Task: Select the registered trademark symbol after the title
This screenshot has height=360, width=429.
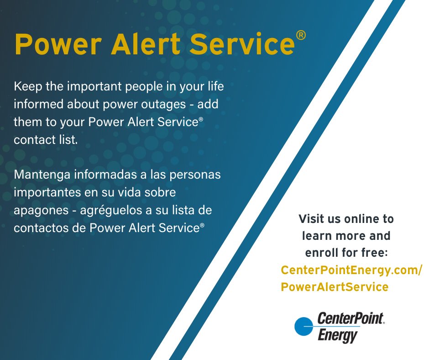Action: (x=301, y=35)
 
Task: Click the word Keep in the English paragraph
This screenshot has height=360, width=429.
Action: (x=26, y=86)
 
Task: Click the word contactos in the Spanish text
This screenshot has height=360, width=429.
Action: (x=38, y=228)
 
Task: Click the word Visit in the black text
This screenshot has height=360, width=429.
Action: (x=312, y=218)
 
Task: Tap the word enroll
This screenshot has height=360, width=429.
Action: (x=320, y=253)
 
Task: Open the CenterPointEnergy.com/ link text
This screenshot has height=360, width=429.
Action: (x=351, y=270)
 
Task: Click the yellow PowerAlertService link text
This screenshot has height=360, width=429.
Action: (x=335, y=287)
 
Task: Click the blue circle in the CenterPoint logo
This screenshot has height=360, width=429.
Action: (x=303, y=326)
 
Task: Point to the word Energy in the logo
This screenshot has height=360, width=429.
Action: (x=337, y=336)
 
